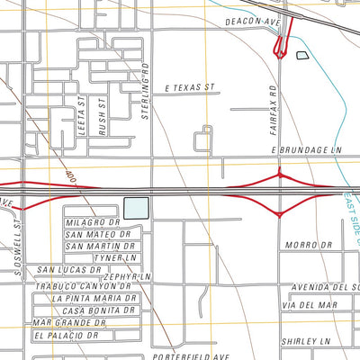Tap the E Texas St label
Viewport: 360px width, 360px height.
192,88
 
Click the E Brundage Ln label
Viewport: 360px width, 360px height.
306,150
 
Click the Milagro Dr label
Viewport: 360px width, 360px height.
92,221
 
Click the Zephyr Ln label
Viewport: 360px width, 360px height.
128,276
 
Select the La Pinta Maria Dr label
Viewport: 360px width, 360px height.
94,298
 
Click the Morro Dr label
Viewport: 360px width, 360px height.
302,245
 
